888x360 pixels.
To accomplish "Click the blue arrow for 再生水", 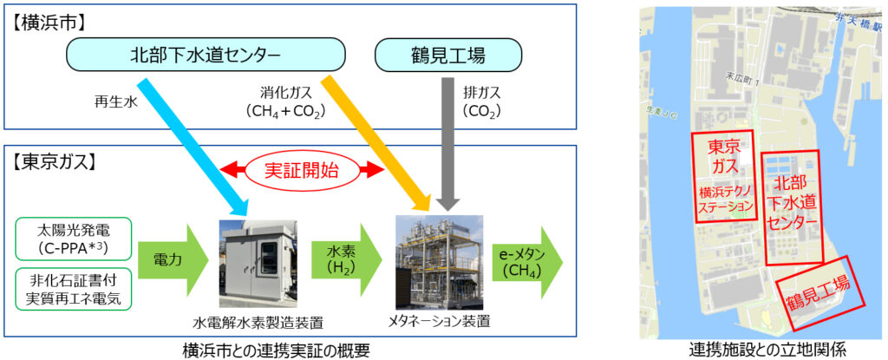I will pos(196,147).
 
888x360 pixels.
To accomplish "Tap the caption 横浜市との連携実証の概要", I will pos(276,350).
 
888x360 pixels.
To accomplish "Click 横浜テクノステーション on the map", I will pos(725,199).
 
